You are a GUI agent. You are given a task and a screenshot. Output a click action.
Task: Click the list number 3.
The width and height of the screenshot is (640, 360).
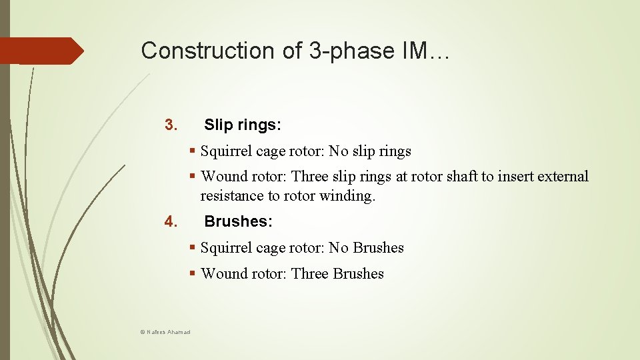[x=170, y=125]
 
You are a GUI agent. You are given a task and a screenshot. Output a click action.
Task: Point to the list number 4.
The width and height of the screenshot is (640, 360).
[x=170, y=221]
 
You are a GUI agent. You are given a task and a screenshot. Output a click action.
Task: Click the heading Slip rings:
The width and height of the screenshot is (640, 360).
[x=243, y=125]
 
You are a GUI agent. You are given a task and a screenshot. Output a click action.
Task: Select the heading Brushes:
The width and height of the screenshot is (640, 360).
[x=238, y=221]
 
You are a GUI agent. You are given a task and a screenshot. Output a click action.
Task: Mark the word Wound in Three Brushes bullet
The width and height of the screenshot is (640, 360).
[x=222, y=274]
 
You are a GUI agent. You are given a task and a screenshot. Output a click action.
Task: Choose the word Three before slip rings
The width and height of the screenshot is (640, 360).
[x=310, y=177]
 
